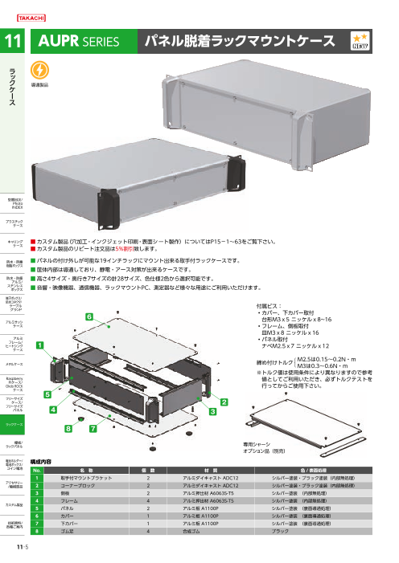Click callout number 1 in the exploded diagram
click(39, 344)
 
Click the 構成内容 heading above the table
click(41, 463)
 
